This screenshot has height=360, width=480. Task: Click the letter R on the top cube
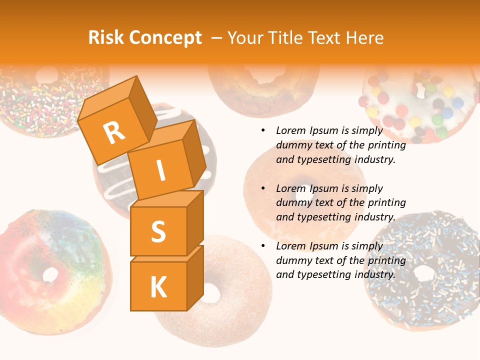[x=114, y=133]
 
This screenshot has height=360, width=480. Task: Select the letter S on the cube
[x=158, y=231]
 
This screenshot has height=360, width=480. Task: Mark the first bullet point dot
[x=263, y=131]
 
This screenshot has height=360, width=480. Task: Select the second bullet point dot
[x=263, y=188]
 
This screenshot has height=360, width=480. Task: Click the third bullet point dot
[x=263, y=246]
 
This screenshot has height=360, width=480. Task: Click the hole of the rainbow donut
[x=50, y=274]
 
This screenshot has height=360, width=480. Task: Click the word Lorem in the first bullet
[x=291, y=131]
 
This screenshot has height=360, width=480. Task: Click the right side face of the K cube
[x=195, y=278]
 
